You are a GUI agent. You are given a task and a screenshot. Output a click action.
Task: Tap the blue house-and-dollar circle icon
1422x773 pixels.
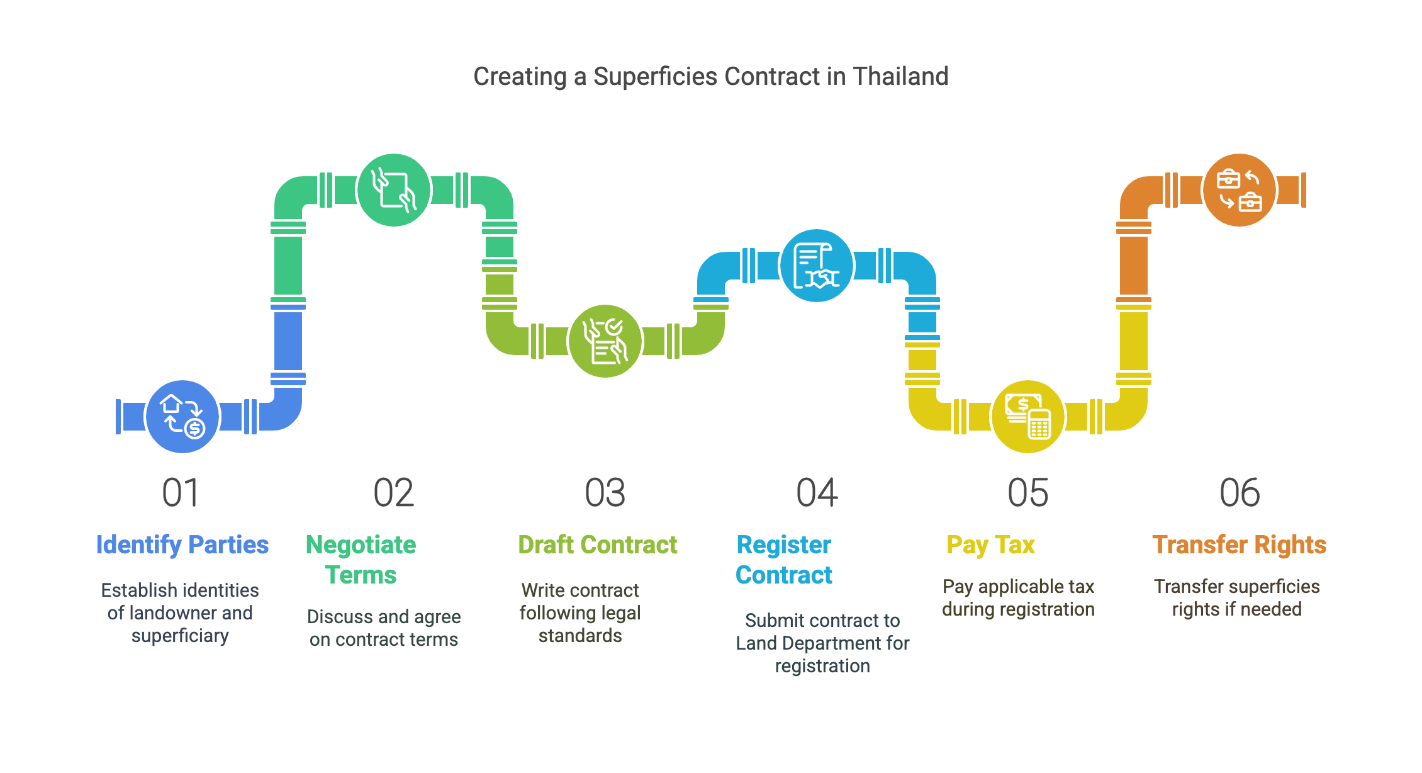point(182,416)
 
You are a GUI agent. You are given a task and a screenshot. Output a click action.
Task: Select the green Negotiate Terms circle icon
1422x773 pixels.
point(394,189)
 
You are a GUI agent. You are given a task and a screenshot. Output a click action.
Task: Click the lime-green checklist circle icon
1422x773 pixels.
point(605,341)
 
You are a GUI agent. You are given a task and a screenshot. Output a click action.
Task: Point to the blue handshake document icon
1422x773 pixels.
point(817,266)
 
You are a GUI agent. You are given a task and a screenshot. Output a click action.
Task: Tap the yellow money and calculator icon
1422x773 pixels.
point(1028,416)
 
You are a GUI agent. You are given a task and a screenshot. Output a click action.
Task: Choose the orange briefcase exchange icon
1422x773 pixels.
point(1239,189)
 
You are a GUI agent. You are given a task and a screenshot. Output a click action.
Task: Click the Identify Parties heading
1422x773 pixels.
point(182,544)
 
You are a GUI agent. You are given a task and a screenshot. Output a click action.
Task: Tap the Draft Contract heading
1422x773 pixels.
point(597,544)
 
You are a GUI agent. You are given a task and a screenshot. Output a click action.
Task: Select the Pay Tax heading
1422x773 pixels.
point(990,544)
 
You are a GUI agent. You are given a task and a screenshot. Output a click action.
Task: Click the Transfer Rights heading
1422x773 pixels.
point(1239,544)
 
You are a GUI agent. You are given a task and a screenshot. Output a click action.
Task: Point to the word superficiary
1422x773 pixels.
point(180,636)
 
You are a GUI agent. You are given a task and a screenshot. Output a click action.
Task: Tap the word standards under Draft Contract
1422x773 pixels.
point(580,636)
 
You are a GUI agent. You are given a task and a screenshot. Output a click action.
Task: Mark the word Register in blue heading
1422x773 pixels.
point(783,544)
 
